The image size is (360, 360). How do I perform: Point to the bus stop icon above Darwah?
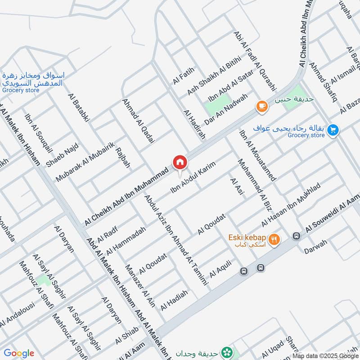(x=296, y=235)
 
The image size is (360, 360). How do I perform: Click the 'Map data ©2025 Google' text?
(x=325, y=355)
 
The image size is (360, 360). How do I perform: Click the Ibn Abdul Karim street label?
(x=194, y=176)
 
